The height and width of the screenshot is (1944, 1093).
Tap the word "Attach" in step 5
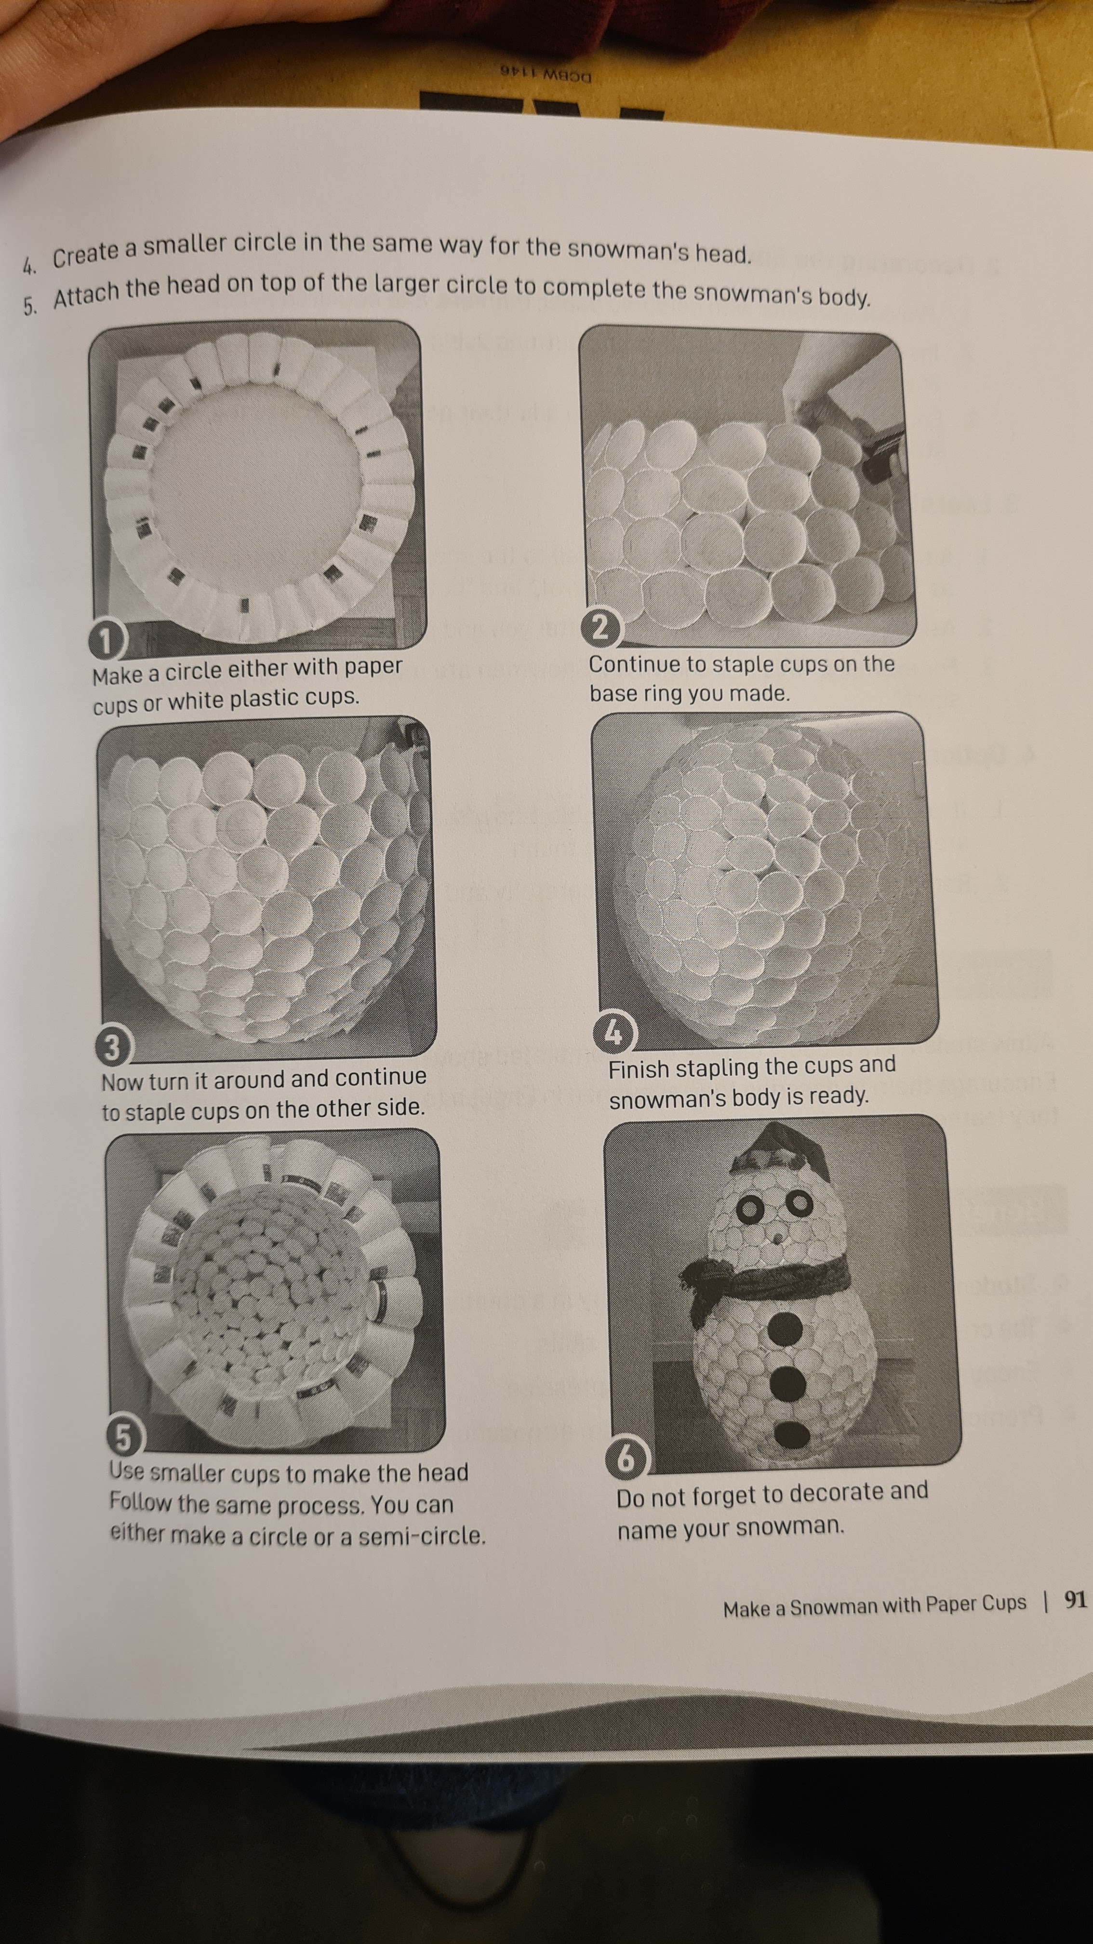pyautogui.click(x=86, y=294)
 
